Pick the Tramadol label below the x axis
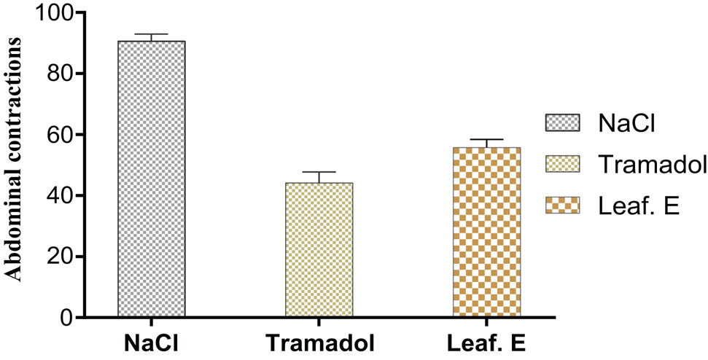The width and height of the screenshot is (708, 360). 319,343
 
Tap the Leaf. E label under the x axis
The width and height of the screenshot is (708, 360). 486,343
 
